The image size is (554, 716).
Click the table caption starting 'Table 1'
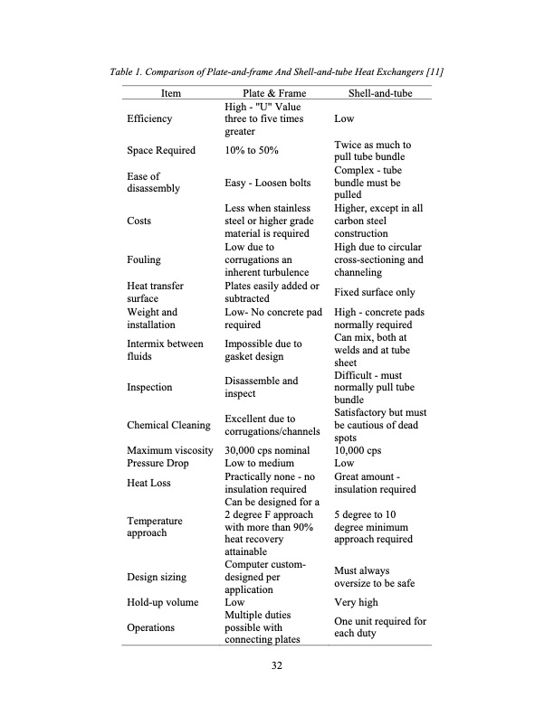(x=277, y=71)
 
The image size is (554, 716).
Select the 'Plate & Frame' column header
(x=275, y=93)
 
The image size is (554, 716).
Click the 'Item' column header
(x=170, y=93)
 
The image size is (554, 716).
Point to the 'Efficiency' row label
(x=150, y=118)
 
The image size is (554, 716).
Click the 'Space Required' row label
(x=161, y=150)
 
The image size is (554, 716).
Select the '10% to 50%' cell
(x=252, y=150)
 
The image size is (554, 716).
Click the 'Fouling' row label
(x=145, y=259)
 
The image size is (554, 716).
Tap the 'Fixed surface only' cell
(x=375, y=292)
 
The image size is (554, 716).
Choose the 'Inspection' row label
(x=150, y=387)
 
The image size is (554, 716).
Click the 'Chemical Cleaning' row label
(x=169, y=425)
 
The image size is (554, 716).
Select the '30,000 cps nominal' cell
(x=270, y=450)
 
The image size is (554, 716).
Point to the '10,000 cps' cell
(x=358, y=450)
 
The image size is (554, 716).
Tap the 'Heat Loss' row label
(x=149, y=483)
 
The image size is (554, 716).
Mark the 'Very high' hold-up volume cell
(x=357, y=601)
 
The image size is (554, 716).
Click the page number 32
(x=277, y=667)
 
